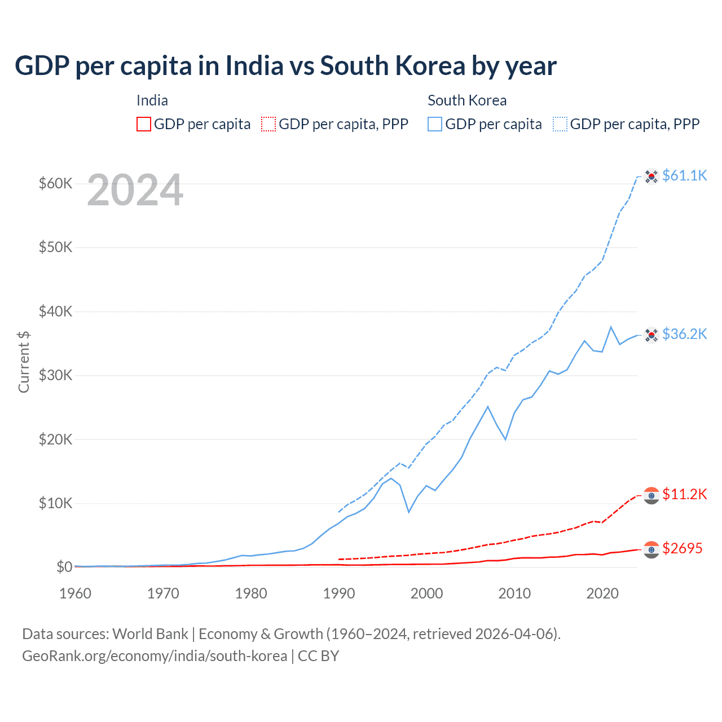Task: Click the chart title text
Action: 285,66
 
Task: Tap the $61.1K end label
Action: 684,175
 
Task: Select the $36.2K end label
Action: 684,334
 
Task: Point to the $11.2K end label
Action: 684,494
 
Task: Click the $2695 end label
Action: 682,548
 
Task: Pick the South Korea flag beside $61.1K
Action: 651,177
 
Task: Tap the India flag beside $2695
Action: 651,549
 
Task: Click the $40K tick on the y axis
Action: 55,311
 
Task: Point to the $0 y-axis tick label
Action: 64,567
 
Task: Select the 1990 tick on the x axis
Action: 339,593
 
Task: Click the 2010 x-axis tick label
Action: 514,593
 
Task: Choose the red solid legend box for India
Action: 144,124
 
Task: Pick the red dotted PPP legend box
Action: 268,124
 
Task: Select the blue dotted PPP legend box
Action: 560,124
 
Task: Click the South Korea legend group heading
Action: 467,100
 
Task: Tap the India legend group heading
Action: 152,100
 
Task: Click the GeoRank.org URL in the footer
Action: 155,656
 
